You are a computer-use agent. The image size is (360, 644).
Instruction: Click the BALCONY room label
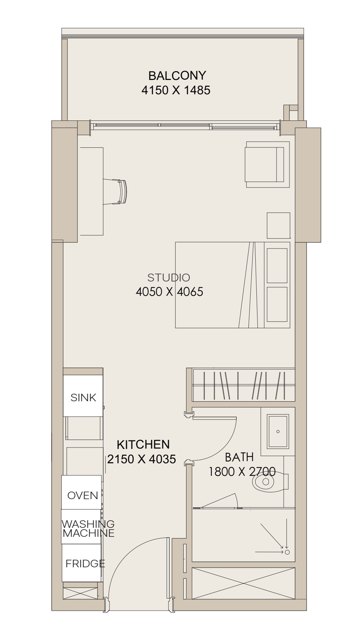click(x=177, y=75)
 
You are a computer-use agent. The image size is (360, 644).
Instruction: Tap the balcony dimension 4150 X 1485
click(x=176, y=90)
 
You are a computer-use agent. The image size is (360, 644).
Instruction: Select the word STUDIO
click(x=169, y=277)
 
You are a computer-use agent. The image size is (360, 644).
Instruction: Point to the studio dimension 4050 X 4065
click(x=169, y=292)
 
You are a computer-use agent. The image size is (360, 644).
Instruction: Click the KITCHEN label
click(x=143, y=445)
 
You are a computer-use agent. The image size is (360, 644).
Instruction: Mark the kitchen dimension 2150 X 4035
click(x=142, y=459)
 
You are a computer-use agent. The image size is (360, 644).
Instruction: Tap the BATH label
click(x=239, y=457)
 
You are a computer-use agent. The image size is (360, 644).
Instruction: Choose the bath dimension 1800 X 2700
click(x=242, y=471)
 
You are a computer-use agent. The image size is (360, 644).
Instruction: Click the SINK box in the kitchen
click(x=83, y=396)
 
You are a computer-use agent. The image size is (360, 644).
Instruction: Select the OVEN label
click(x=83, y=496)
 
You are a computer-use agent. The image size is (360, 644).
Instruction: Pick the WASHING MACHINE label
click(x=88, y=529)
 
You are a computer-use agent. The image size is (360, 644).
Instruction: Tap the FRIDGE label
click(x=85, y=563)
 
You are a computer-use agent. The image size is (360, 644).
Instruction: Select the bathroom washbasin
click(x=278, y=431)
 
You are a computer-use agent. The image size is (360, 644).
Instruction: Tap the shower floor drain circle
click(x=287, y=552)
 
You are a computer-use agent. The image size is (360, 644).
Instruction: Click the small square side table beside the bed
click(x=279, y=226)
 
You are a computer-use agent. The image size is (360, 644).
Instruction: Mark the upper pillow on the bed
click(x=277, y=265)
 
